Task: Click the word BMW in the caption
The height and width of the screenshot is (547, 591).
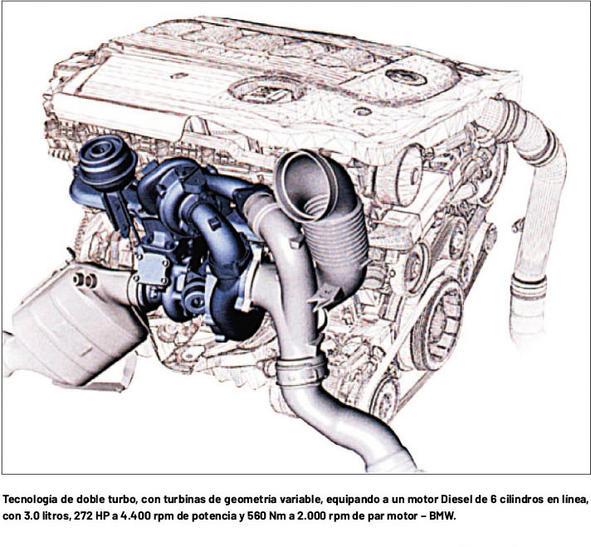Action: (x=442, y=516)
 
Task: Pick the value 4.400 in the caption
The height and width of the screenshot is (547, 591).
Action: (x=135, y=516)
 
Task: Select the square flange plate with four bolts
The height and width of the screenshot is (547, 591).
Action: (x=153, y=269)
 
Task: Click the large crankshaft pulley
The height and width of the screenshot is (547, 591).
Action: (x=437, y=325)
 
